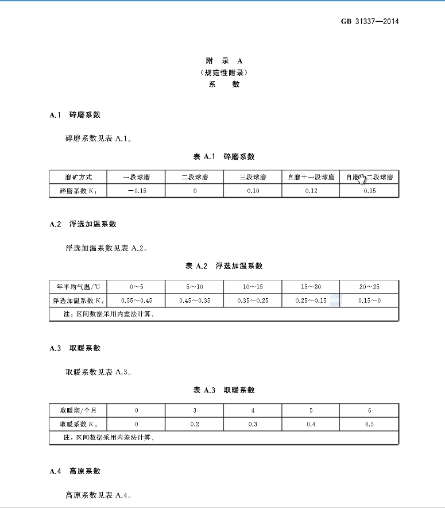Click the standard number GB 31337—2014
coord(370,22)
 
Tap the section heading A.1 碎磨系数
coord(75,115)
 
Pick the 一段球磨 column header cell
coord(136,177)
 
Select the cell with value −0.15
coord(136,191)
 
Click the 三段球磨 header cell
coord(253,177)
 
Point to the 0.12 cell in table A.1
coord(311,191)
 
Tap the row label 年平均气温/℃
coord(78,286)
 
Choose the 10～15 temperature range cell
coord(253,286)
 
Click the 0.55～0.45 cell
coord(136,300)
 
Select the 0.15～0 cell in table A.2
coord(369,300)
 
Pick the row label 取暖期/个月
coord(78,410)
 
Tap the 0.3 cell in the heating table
coord(253,424)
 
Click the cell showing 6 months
coord(369,410)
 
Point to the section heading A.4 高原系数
coord(75,471)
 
